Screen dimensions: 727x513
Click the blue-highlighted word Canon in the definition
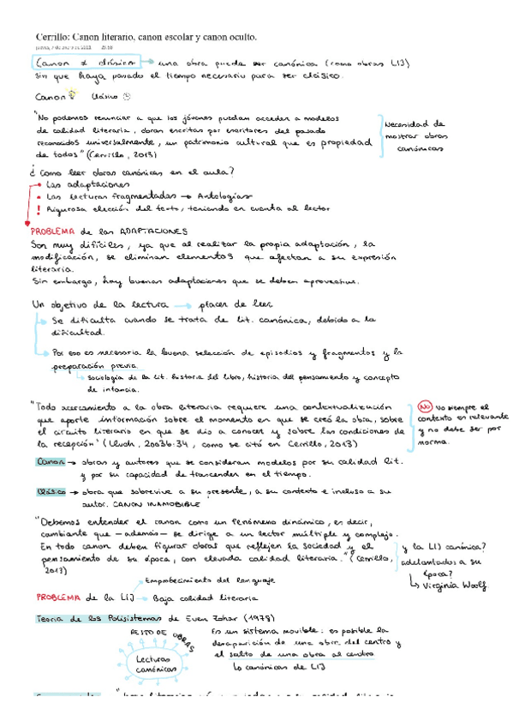coord(51,460)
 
